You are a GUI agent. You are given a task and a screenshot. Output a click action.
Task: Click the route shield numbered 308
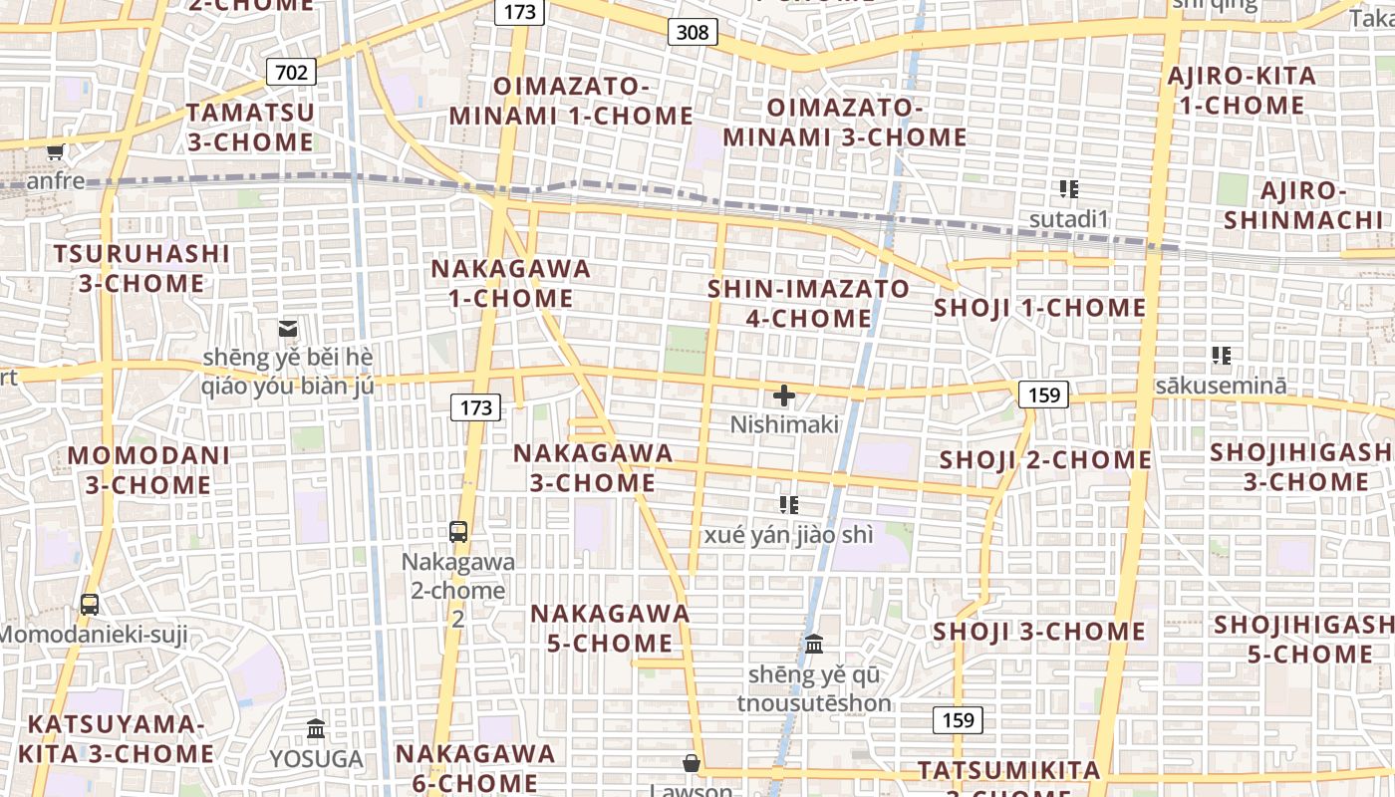[x=693, y=32]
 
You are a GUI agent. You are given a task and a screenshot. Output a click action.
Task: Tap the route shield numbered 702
[x=291, y=72]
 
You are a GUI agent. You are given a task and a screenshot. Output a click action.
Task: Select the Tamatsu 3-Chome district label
[x=250, y=127]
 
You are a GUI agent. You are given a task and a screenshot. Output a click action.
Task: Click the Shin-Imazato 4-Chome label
[x=808, y=304]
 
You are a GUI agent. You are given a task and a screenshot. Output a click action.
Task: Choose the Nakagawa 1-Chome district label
[x=510, y=283]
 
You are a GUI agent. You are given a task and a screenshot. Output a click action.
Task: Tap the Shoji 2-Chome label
[x=1045, y=459]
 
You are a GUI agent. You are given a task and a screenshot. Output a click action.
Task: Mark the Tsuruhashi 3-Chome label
[x=141, y=268]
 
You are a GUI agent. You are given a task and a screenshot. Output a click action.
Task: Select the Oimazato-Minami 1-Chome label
[x=571, y=102]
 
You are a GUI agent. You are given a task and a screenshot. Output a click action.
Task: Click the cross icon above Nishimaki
[x=784, y=396]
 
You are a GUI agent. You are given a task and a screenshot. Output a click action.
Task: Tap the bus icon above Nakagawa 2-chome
[x=458, y=531]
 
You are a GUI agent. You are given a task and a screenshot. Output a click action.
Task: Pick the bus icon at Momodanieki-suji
[x=90, y=604]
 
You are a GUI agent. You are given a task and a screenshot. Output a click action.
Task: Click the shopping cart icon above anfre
[x=56, y=152]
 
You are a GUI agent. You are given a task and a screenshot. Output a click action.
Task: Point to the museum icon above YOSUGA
[x=316, y=729]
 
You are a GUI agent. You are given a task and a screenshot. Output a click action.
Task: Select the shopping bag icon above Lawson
[x=691, y=763]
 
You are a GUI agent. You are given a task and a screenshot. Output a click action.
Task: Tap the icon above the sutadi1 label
[x=1069, y=189]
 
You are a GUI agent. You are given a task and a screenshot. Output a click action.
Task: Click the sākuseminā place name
[x=1221, y=385]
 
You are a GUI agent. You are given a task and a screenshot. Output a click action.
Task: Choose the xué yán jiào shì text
[x=788, y=535]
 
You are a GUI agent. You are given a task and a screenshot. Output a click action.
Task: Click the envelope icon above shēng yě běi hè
[x=288, y=327]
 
